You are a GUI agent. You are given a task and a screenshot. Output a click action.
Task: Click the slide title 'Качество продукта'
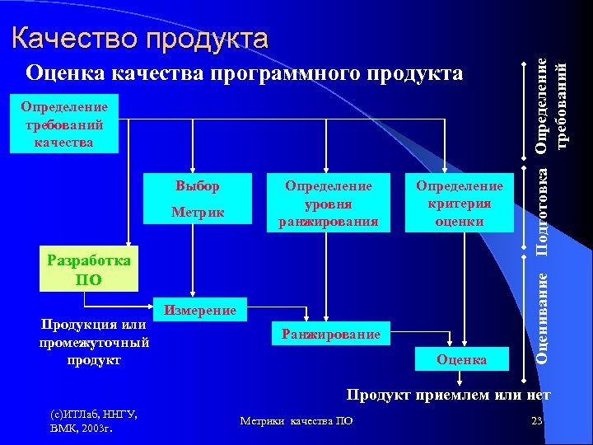(x=140, y=38)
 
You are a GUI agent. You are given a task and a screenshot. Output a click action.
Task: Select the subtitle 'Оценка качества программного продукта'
(x=244, y=74)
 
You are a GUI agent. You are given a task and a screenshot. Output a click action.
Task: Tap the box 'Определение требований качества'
(x=64, y=124)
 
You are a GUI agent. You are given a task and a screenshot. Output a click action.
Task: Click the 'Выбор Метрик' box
(x=198, y=200)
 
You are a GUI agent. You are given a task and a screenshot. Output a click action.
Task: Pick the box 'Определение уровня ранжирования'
(x=328, y=204)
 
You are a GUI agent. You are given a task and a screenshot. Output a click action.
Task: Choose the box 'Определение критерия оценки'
(x=460, y=204)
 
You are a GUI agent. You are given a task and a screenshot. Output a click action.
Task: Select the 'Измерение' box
(x=201, y=310)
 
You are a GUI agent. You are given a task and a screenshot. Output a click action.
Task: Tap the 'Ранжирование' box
(x=330, y=334)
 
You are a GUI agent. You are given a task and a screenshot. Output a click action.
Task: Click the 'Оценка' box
(x=461, y=360)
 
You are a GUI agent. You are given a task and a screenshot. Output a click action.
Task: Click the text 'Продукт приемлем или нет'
(x=448, y=396)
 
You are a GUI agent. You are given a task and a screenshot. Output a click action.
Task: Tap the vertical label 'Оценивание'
(x=542, y=314)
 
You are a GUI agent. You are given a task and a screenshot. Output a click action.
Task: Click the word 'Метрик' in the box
(x=198, y=213)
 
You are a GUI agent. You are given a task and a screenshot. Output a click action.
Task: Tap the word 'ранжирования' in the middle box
(x=328, y=221)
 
